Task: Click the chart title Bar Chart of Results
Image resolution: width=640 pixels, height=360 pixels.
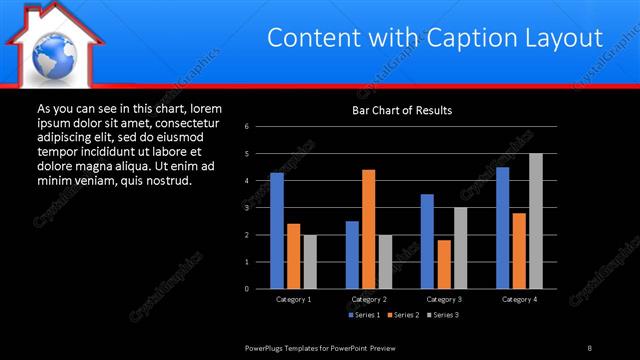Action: pos(402,109)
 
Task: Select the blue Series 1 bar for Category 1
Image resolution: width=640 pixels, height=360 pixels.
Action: pos(276,231)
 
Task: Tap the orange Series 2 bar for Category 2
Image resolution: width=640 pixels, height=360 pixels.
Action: pos(368,229)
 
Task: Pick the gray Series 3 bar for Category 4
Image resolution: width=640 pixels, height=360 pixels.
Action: pos(536,221)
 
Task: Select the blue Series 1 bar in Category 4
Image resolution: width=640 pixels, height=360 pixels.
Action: pos(502,228)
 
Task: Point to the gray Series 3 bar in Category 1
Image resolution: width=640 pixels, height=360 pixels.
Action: pos(310,261)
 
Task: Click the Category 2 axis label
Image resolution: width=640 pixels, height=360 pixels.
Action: pos(369,299)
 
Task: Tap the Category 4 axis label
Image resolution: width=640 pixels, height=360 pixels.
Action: pos(519,299)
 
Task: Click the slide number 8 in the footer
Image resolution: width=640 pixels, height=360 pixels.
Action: pos(589,347)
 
